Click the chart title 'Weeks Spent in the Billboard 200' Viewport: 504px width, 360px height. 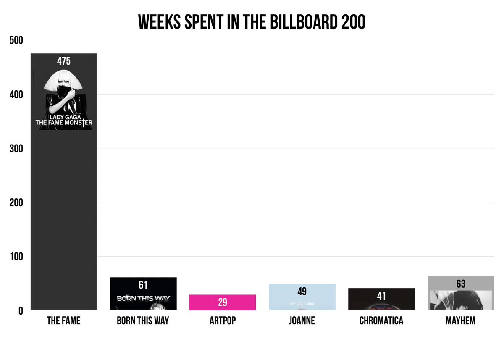(x=252, y=22)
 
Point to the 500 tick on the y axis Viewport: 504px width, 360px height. (x=16, y=40)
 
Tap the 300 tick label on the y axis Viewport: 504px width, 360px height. (x=16, y=149)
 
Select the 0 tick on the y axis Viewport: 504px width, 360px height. (x=21, y=311)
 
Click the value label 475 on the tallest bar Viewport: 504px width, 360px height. (x=64, y=61)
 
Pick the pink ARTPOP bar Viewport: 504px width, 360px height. (x=223, y=302)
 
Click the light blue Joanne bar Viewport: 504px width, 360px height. (x=302, y=297)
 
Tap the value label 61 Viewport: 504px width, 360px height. (x=143, y=285)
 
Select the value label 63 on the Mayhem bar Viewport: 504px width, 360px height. (x=461, y=284)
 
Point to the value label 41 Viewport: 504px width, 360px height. (x=381, y=296)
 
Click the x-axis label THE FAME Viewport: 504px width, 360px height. (x=64, y=321)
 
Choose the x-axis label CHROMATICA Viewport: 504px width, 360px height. (x=381, y=321)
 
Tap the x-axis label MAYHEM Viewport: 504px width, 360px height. (x=461, y=321)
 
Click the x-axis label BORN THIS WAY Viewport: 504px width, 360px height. (x=143, y=321)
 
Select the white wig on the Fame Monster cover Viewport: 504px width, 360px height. (x=63, y=80)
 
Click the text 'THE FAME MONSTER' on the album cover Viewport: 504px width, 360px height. (x=64, y=123)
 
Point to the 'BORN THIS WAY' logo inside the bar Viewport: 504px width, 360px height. (x=143, y=298)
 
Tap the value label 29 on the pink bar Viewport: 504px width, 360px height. (x=223, y=302)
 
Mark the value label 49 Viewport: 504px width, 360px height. (x=302, y=292)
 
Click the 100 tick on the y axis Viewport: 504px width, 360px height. (x=17, y=257)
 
